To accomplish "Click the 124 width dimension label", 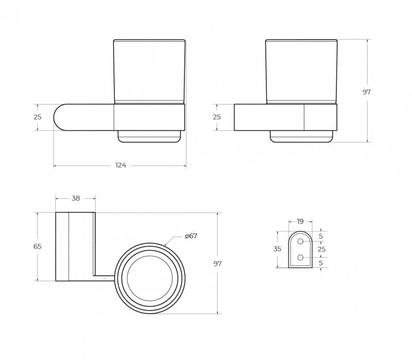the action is click(x=121, y=165).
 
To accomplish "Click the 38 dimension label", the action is click(x=76, y=198).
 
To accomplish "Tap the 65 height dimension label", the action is click(x=38, y=247).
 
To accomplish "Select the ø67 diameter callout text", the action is click(x=191, y=236).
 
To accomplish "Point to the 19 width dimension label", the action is click(x=300, y=221).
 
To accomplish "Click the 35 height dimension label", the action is click(x=277, y=249).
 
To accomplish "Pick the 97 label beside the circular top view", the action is click(x=217, y=264).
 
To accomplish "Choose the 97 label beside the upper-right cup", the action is click(x=367, y=92).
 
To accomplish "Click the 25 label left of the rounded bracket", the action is click(x=38, y=117).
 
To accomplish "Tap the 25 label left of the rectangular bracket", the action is click(x=217, y=117).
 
